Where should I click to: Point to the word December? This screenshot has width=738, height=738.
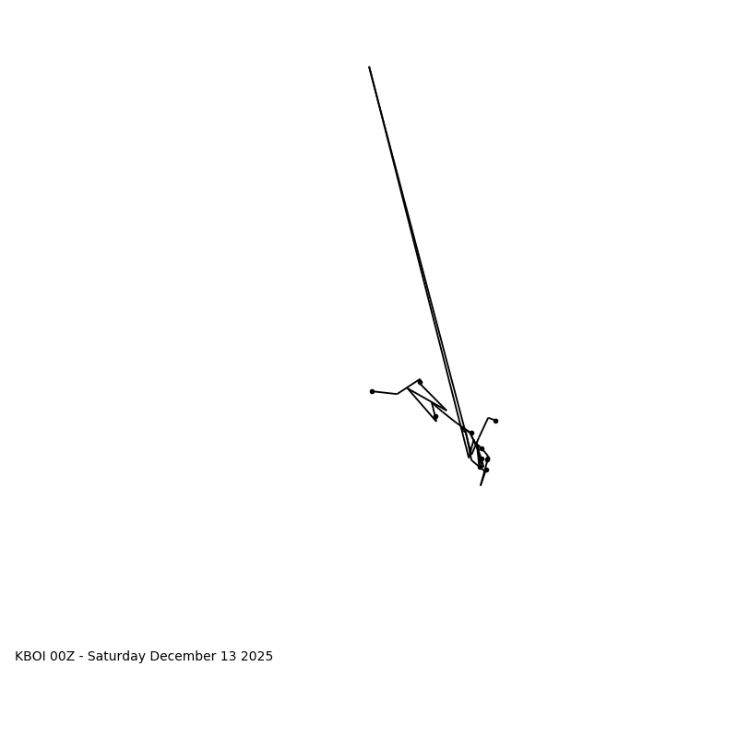[x=181, y=657]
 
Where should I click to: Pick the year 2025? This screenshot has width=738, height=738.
[x=256, y=657]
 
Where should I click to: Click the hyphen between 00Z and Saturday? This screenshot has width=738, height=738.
[x=82, y=657]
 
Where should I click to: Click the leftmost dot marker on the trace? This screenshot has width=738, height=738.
[x=372, y=391]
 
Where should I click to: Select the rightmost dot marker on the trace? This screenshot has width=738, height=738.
[x=495, y=421]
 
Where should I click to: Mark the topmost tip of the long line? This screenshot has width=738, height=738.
[x=369, y=67]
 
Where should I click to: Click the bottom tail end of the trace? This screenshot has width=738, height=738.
[x=481, y=485]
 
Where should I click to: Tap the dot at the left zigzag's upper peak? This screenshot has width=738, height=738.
[x=420, y=381]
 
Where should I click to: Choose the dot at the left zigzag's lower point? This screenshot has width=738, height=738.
[x=435, y=417]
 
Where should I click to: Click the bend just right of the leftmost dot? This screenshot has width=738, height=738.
[x=398, y=394]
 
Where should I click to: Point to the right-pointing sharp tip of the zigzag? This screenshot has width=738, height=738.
[x=446, y=411]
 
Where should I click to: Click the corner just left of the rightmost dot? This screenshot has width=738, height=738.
[x=488, y=418]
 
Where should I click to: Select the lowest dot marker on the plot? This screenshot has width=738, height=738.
[x=486, y=470]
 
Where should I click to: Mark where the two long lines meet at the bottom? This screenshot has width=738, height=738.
[x=469, y=457]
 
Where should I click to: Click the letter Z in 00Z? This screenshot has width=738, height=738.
[x=73, y=657]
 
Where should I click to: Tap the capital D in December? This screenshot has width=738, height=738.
[x=154, y=657]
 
